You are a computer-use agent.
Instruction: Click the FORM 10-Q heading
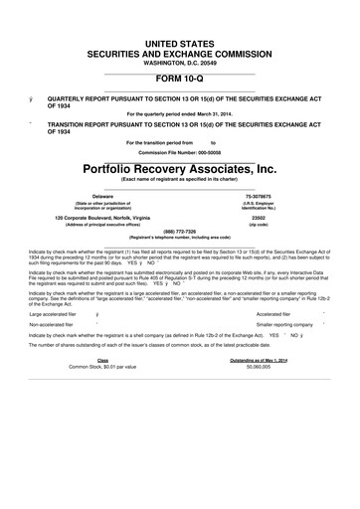[179, 78]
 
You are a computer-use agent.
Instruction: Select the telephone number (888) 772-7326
[179, 233]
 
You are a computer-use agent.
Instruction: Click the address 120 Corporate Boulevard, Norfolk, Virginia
[102, 217]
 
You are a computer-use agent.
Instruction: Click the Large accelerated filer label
[58, 312]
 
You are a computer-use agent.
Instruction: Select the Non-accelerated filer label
[56, 325]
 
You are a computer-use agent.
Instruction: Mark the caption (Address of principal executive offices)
[102, 225]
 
